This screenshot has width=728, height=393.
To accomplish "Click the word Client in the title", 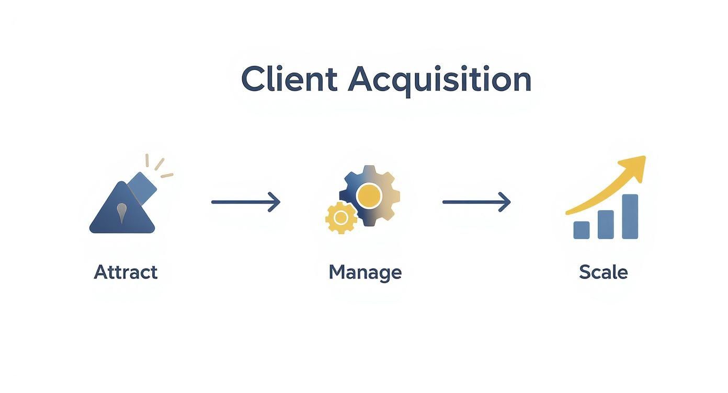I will point(289,79).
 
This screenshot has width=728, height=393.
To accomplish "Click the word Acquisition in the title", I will point(439,80).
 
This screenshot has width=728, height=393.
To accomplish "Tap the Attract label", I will point(126,272).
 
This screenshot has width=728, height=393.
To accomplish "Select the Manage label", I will point(365,272).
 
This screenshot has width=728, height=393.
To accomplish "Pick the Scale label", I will point(603,272).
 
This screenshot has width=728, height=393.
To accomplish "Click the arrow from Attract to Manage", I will point(245,202).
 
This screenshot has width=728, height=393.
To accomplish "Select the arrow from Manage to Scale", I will point(476,202).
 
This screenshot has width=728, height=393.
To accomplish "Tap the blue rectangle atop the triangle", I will point(142,187).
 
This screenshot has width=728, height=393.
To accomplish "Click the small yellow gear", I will point(341,217).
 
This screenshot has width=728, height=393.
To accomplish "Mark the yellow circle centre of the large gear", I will point(369,195).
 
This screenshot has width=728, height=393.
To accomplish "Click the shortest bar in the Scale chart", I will point(581,230).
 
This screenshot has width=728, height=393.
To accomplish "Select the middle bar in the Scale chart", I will point(606,224).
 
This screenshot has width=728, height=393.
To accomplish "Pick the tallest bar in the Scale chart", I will point(630,216).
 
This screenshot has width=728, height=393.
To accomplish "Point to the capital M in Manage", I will point(337,272).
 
